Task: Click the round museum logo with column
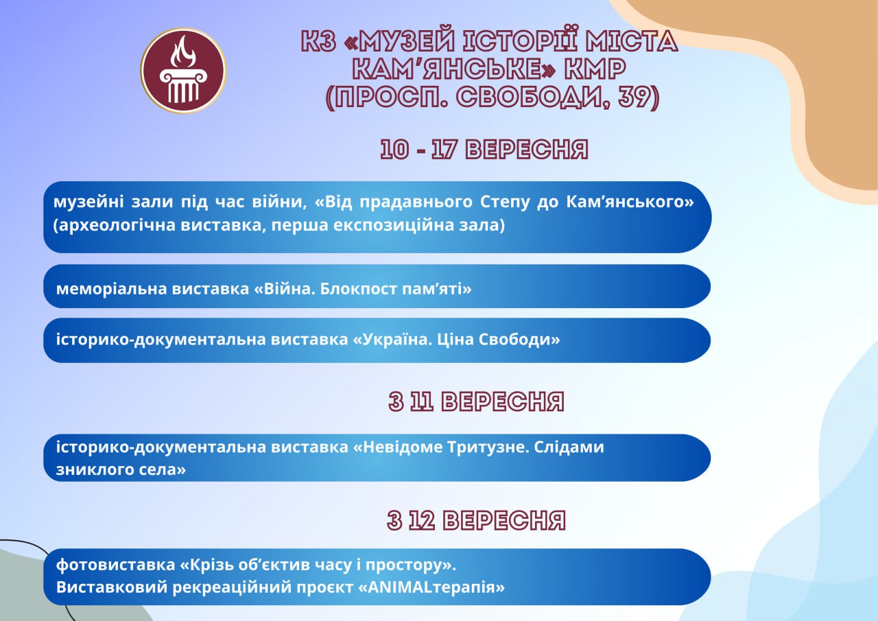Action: click(x=183, y=71)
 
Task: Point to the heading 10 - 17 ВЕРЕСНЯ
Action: click(x=484, y=150)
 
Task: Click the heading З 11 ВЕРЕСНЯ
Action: click(x=477, y=401)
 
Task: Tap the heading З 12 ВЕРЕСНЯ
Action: click(x=477, y=520)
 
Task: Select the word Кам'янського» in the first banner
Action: click(x=630, y=202)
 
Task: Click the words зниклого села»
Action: click(x=121, y=469)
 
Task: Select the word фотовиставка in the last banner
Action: click(x=116, y=565)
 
